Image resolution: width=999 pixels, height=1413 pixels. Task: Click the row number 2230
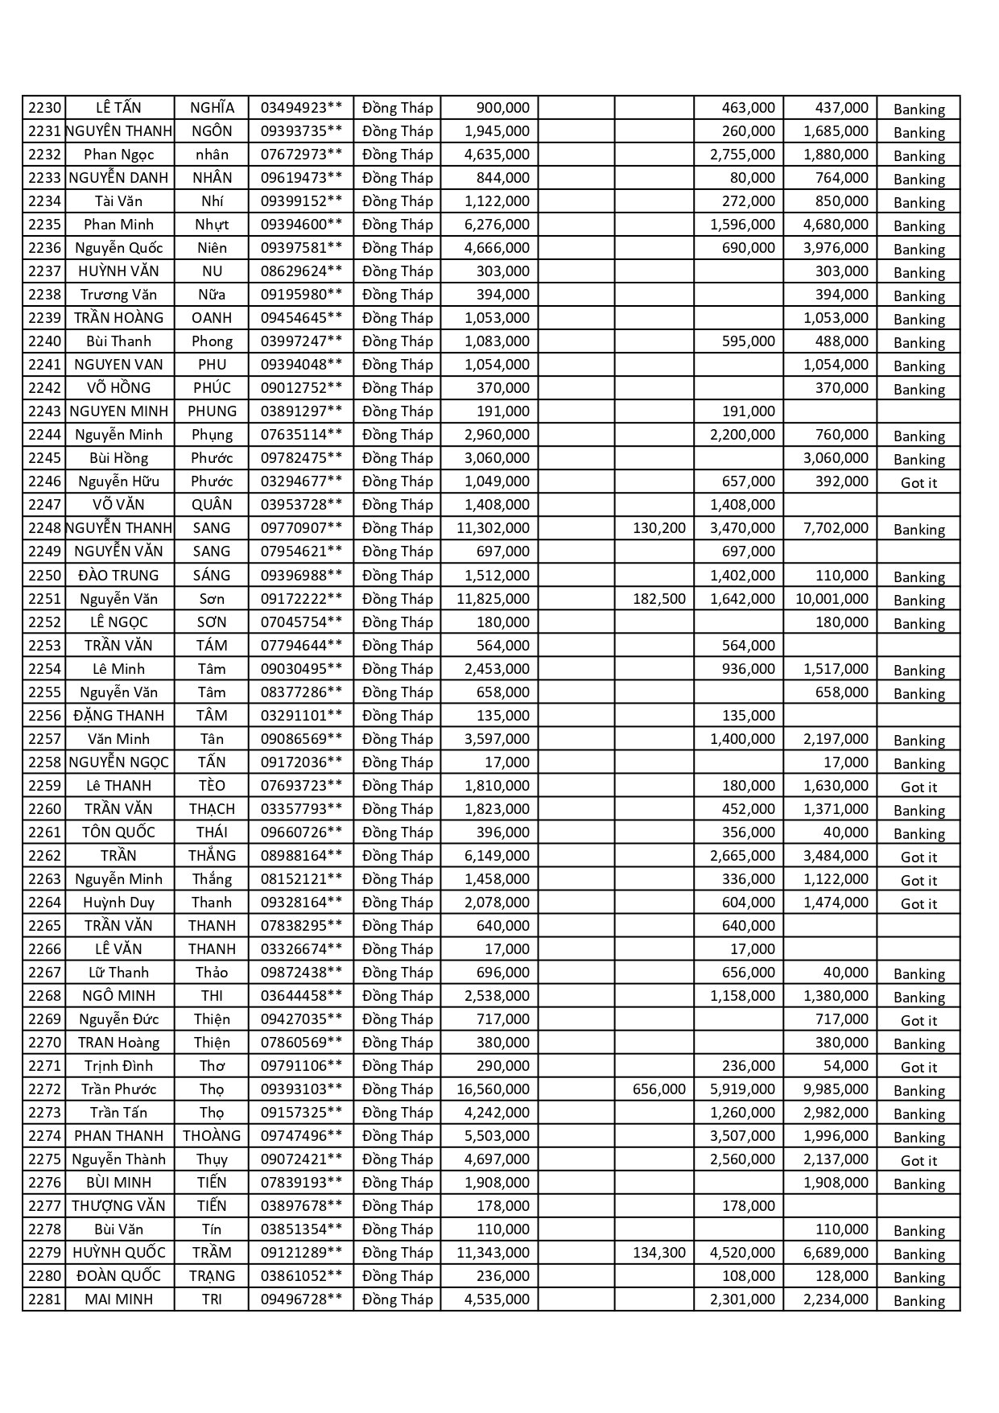[x=44, y=108]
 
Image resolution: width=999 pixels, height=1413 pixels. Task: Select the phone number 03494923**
[x=301, y=108]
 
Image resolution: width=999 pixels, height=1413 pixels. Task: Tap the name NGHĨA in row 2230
[x=212, y=108]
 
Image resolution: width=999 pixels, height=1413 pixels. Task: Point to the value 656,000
[x=659, y=1089]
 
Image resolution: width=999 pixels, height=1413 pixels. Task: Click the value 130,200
[x=659, y=528]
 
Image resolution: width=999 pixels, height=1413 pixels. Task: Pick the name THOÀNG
[x=212, y=1136]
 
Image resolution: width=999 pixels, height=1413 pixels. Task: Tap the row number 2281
[x=44, y=1299]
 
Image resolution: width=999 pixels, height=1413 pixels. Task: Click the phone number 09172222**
[x=301, y=599]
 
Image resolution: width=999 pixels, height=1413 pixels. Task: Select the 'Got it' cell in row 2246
[x=919, y=483]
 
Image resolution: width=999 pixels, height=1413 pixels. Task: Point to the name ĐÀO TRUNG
[x=119, y=576]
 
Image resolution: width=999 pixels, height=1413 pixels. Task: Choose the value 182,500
[x=659, y=599]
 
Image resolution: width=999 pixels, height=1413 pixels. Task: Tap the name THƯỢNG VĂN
[x=118, y=1206]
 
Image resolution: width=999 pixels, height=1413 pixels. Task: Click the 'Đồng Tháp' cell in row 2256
[x=398, y=716]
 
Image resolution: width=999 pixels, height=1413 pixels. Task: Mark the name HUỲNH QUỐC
[x=119, y=1253]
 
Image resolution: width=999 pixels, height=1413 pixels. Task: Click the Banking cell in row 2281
[x=919, y=1301]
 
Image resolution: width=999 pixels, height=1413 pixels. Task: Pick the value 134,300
[x=659, y=1253]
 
